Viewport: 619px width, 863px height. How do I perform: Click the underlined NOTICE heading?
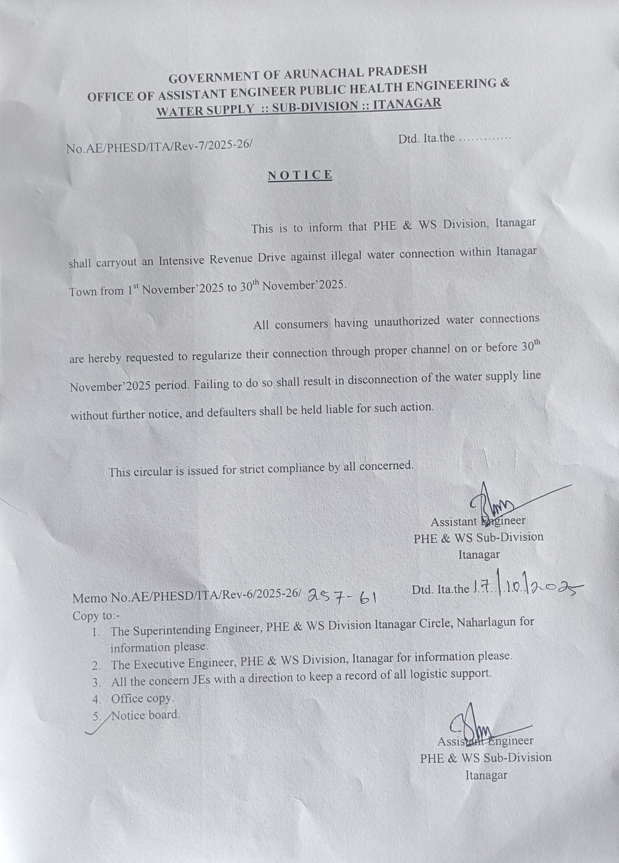click(x=300, y=175)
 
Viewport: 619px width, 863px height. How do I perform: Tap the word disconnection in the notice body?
click(x=381, y=379)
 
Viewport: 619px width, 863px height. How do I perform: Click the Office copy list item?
click(x=142, y=698)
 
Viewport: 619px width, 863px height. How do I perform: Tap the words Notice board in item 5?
click(x=146, y=715)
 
